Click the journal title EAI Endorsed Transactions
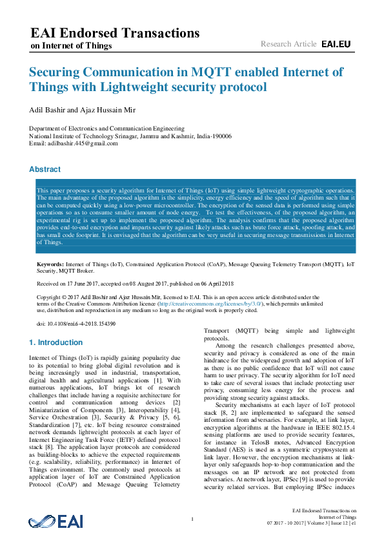pos(115,33)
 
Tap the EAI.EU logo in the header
pos(336,44)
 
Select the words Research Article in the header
pos(288,44)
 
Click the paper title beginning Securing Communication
pos(186,79)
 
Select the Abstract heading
pos(45,169)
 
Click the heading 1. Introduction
pos(57,342)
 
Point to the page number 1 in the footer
pos(193,519)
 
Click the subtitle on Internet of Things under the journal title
pos(72,46)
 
